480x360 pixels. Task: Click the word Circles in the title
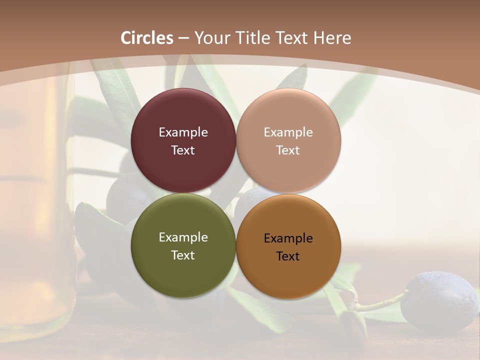point(146,38)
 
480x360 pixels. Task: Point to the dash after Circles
point(183,38)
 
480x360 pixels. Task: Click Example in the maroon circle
point(183,132)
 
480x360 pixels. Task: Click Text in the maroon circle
point(183,150)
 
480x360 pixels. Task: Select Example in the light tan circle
point(288,132)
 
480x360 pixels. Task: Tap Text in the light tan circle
point(288,150)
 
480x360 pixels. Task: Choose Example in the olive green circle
point(183,237)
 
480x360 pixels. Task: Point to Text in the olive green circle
point(183,255)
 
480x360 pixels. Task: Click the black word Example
point(288,238)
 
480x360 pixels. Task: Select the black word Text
point(288,256)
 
